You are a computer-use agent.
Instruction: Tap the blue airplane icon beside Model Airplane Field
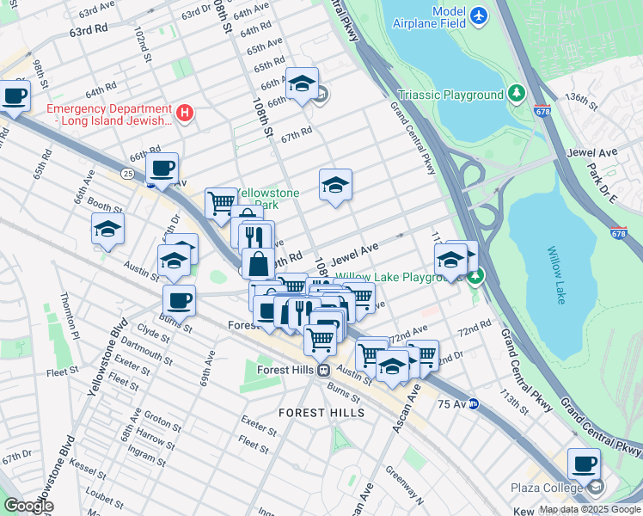point(479,15)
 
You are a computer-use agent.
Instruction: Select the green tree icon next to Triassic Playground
point(516,94)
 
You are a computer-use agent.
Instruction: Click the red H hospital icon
point(183,113)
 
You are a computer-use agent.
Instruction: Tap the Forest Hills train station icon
point(324,371)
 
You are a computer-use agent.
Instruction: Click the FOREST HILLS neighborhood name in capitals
point(321,413)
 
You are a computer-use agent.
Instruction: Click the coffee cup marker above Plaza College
point(585,464)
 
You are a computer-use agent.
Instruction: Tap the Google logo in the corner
point(28,505)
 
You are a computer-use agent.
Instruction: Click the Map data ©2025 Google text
point(590,509)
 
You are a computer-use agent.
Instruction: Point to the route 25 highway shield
point(127,174)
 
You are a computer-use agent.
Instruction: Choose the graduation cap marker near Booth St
point(108,229)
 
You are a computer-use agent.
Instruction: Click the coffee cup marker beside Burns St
point(180,301)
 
